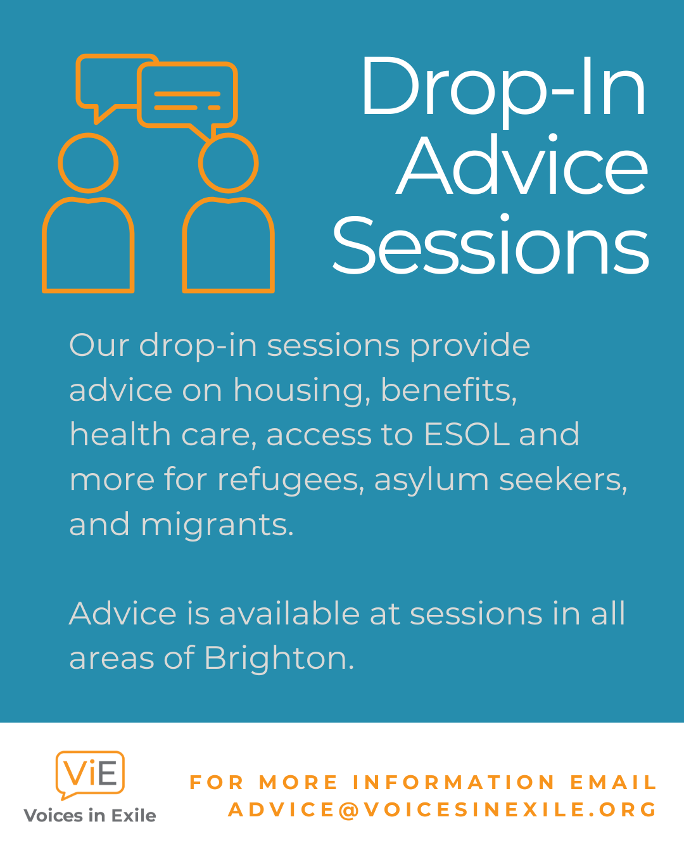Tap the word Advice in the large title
(x=522, y=165)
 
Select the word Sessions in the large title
(x=490, y=244)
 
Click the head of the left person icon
(x=88, y=163)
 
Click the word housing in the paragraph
(x=299, y=391)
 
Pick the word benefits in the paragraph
(x=449, y=391)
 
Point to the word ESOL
(x=467, y=434)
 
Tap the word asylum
(x=432, y=481)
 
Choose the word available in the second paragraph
(x=289, y=614)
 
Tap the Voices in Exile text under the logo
(x=90, y=816)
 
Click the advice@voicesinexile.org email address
(x=443, y=809)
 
